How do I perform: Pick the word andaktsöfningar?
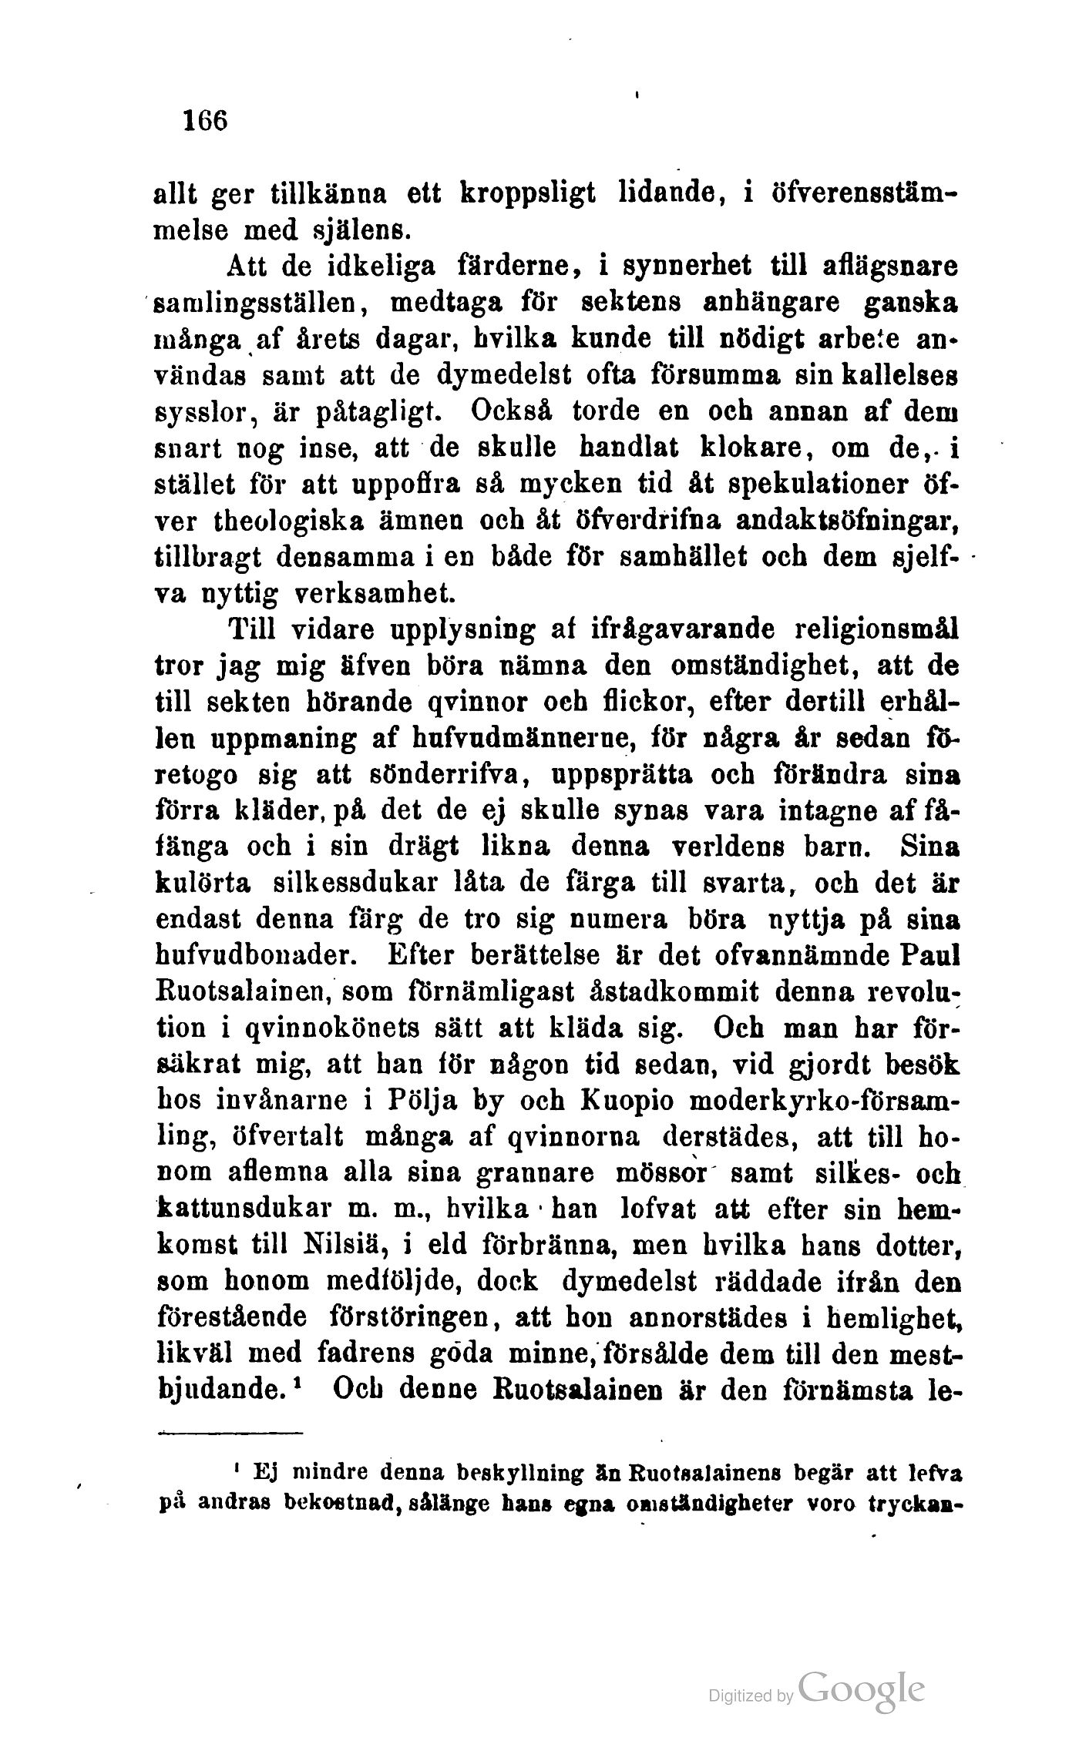(x=843, y=522)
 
